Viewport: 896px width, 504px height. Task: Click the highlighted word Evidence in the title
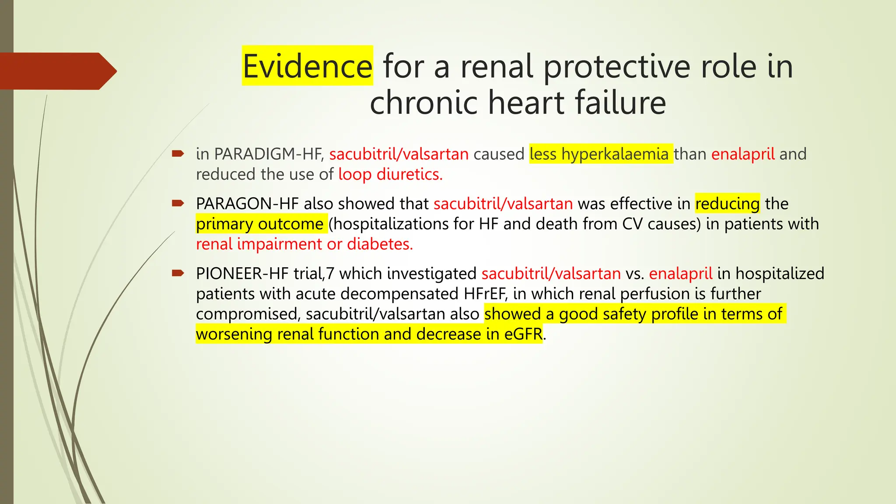(x=307, y=66)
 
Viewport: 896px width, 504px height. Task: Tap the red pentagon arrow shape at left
(x=57, y=71)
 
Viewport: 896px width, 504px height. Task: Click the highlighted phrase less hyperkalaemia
(x=599, y=154)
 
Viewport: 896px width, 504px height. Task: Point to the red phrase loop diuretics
(x=390, y=174)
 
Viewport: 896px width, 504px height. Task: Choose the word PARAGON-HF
(x=247, y=203)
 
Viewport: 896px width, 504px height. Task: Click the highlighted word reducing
(x=727, y=203)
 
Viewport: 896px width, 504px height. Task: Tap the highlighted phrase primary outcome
(x=260, y=224)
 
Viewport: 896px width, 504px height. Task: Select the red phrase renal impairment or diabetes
(x=304, y=244)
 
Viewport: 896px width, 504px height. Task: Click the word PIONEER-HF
(x=242, y=273)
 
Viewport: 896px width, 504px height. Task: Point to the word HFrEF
(x=485, y=294)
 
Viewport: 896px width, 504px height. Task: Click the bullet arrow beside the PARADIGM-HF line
(x=178, y=154)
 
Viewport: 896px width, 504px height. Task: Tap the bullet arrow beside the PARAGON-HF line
(x=178, y=203)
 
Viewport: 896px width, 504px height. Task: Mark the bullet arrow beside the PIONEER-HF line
(x=178, y=273)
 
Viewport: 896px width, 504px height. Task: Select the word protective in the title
(x=617, y=66)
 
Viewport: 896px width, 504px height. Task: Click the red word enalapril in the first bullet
(x=743, y=154)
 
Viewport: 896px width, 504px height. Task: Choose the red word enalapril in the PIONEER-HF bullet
(x=680, y=273)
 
